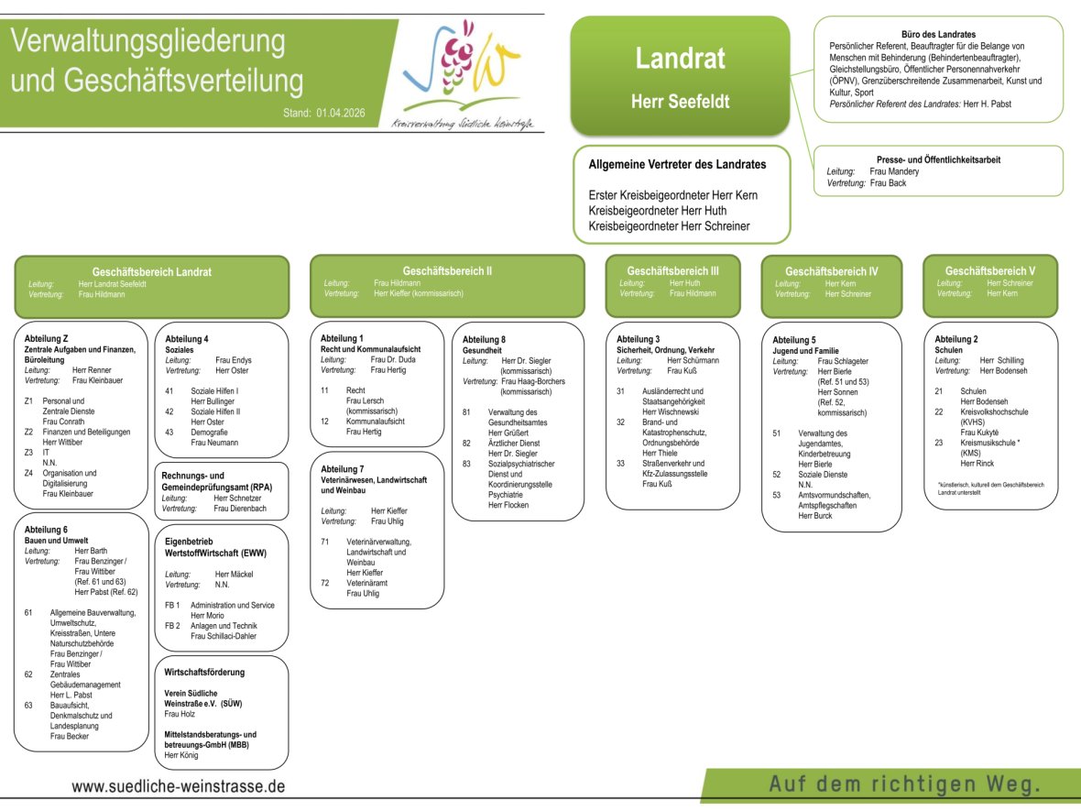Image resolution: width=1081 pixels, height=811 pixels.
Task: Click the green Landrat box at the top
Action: [x=679, y=75]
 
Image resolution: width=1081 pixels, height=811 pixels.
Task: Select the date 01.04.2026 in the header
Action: [x=341, y=113]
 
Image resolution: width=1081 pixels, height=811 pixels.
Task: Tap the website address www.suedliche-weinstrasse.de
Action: [x=179, y=786]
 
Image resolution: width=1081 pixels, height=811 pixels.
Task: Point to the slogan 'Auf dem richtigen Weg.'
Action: [x=905, y=784]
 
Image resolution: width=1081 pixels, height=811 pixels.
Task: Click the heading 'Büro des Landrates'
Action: [x=938, y=35]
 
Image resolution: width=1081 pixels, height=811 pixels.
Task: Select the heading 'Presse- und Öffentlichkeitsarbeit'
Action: [x=938, y=159]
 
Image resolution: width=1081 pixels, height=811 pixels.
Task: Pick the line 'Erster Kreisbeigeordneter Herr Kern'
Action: [x=672, y=195]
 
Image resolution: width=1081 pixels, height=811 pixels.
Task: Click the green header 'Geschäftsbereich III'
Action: [x=672, y=270]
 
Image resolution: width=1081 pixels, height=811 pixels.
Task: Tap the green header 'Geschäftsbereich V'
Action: [x=990, y=270]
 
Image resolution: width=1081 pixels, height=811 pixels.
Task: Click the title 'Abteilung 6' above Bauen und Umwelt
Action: [x=46, y=530]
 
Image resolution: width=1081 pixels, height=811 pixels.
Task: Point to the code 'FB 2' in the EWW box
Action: [x=172, y=625]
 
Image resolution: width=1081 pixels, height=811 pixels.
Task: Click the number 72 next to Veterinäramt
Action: [x=324, y=583]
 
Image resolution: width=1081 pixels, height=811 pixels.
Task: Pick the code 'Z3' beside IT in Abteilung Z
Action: [x=28, y=452]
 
